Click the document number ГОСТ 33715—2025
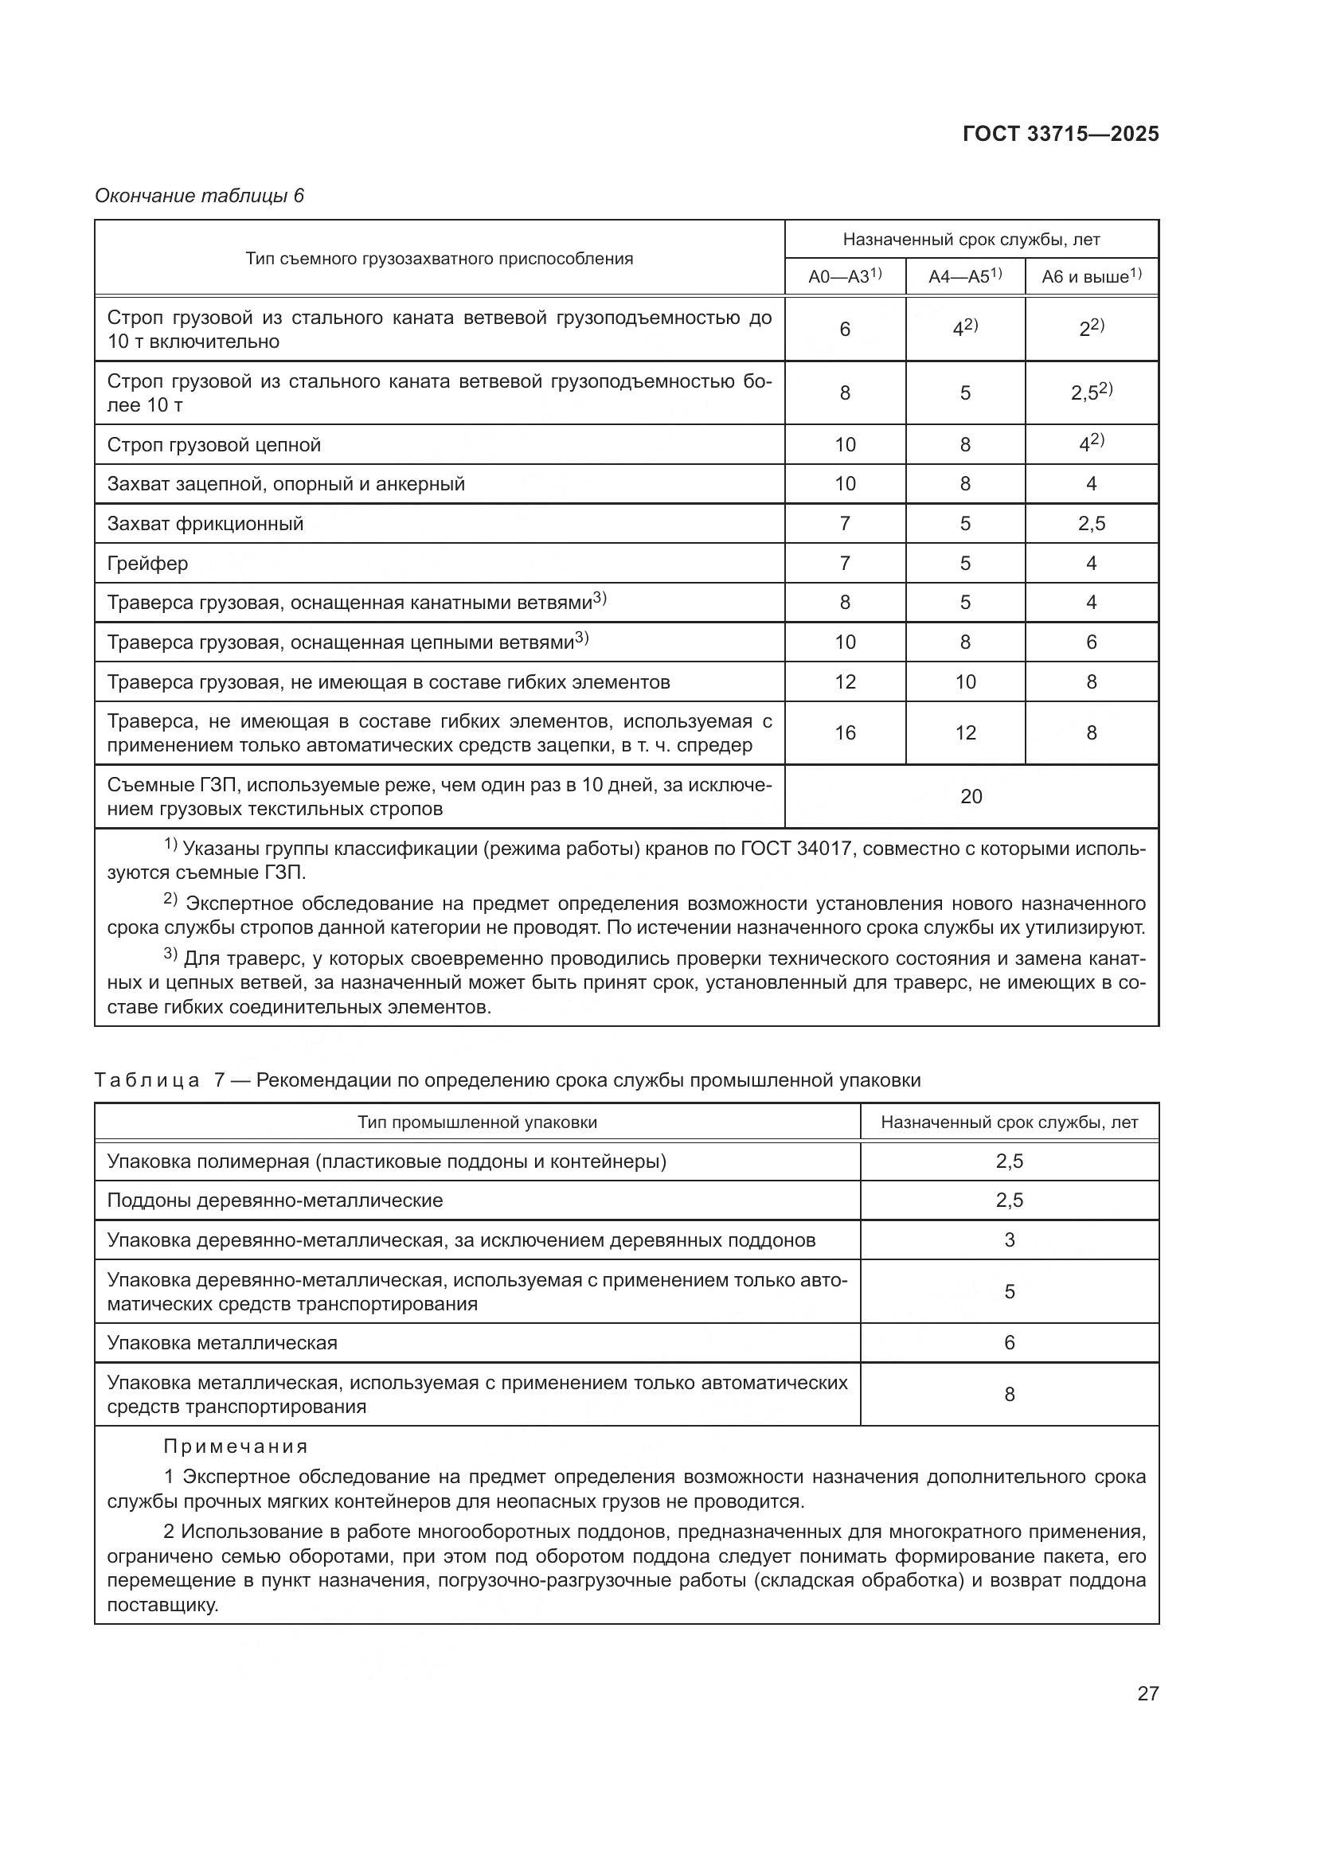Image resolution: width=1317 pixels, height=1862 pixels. [x=1060, y=134]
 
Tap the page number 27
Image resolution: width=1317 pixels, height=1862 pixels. [x=1147, y=1693]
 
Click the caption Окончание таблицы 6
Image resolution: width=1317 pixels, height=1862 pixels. [x=199, y=196]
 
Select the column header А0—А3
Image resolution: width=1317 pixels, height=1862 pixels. [x=844, y=276]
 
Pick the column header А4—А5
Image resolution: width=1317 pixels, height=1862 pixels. [x=964, y=276]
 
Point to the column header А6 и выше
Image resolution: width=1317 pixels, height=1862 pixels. [x=1091, y=276]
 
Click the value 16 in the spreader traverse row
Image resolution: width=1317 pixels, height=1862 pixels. [x=845, y=733]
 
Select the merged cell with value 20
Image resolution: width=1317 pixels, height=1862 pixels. [x=971, y=796]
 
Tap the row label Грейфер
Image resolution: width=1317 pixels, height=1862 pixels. [x=147, y=563]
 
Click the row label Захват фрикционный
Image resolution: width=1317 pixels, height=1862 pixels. [x=205, y=524]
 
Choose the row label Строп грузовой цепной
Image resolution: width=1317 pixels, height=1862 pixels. [x=214, y=445]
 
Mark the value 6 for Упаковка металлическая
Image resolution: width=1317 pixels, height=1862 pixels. [x=1009, y=1343]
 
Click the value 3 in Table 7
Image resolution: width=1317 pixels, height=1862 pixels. [x=1009, y=1240]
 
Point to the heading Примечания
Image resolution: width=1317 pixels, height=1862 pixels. [x=235, y=1446]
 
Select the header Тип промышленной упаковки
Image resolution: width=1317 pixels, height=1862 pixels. [x=477, y=1122]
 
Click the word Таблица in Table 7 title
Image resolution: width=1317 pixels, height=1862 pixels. [x=147, y=1080]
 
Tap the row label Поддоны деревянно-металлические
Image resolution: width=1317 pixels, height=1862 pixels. [x=275, y=1200]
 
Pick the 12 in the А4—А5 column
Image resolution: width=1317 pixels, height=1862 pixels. [x=965, y=733]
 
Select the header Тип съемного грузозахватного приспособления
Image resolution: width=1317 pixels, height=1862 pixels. [x=439, y=259]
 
